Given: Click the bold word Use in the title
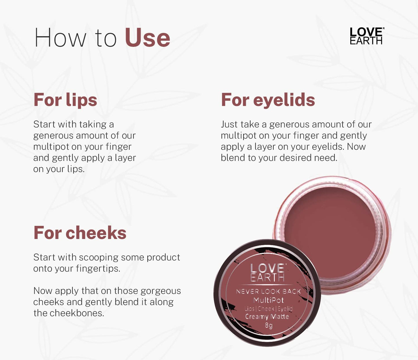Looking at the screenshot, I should [148, 38].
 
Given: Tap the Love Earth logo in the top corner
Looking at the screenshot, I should [366, 36].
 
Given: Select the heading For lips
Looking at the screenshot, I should [65, 100].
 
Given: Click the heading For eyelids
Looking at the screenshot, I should [268, 100].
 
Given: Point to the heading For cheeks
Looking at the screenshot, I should [80, 233].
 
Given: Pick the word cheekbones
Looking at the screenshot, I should [76, 313].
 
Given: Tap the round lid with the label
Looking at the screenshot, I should [267, 292].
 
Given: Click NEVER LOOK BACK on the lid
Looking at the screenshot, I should [268, 291].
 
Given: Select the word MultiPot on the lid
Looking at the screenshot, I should [268, 300].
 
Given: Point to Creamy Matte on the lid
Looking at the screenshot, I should [267, 317].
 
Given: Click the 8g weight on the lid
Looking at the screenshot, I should [269, 325].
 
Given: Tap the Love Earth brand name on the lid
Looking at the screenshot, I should [268, 273].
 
